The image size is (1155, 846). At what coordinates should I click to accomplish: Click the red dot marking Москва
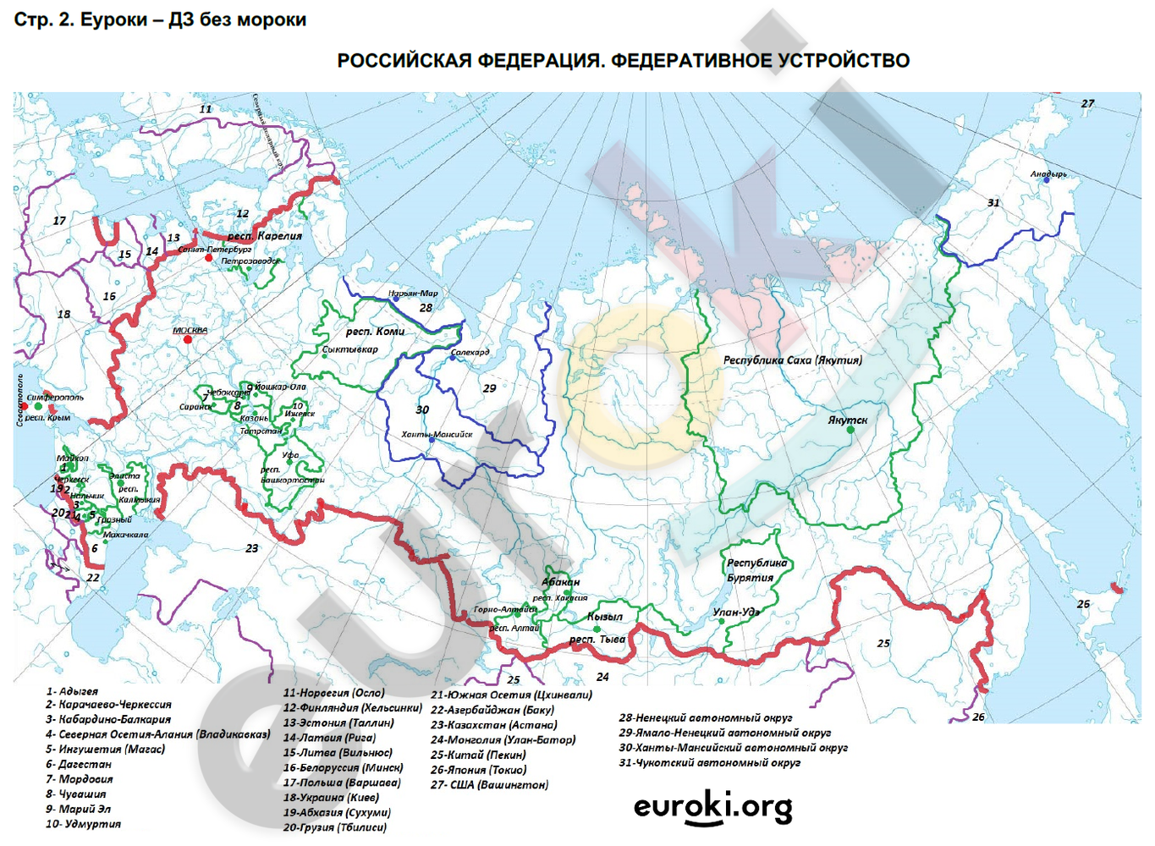187,339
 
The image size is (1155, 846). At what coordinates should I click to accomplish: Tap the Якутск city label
848,420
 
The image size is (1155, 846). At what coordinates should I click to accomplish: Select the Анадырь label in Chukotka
1048,174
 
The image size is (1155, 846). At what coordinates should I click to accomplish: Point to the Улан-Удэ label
737,612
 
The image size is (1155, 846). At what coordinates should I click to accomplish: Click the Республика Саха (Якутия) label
793,360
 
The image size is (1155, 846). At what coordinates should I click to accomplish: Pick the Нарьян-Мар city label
413,294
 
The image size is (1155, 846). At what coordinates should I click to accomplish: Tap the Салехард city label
470,352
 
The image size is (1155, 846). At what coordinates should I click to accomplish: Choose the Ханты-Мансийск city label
437,434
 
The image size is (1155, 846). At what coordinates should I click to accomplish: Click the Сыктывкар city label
350,349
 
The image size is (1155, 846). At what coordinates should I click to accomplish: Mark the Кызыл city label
605,617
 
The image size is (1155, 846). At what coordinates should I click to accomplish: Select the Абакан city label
561,582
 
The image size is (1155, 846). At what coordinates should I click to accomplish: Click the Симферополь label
55,397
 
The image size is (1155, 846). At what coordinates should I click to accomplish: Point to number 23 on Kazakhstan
252,548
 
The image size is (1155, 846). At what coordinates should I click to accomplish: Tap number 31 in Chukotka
993,203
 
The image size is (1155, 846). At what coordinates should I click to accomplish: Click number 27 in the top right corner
1087,103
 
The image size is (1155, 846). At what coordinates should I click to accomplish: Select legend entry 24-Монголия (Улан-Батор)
503,739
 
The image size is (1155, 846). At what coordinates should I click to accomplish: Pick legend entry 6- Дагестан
79,764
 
